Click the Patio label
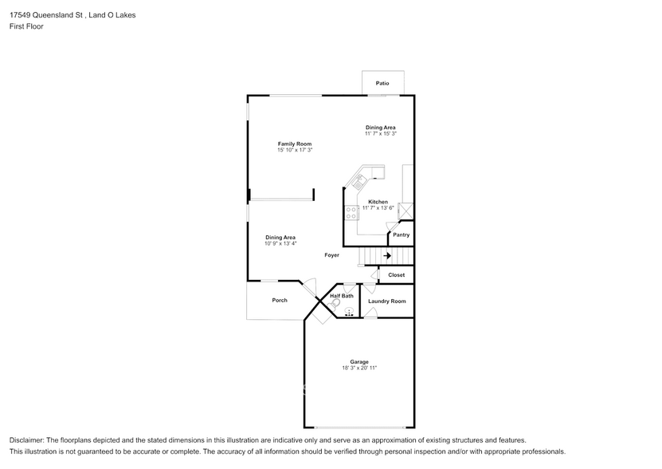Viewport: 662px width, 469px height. (x=382, y=83)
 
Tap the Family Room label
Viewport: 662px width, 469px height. (x=295, y=144)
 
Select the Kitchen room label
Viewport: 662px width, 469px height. (x=378, y=202)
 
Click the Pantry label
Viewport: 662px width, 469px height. (x=401, y=235)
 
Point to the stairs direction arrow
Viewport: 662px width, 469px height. (x=386, y=256)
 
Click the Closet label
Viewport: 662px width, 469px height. (x=397, y=275)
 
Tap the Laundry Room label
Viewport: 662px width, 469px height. (x=386, y=301)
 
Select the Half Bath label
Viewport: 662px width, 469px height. (x=342, y=296)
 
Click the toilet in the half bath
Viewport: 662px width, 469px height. (x=333, y=305)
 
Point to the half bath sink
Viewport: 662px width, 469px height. (x=349, y=312)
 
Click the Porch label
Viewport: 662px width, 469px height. (x=280, y=300)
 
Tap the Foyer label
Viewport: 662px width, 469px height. (x=332, y=255)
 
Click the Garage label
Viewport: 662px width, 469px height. (x=359, y=361)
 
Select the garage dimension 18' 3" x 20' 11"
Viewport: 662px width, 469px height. (x=359, y=368)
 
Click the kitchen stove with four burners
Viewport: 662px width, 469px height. (x=351, y=213)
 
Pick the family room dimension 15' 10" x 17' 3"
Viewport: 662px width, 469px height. (x=295, y=150)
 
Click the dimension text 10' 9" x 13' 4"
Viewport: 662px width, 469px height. (x=280, y=243)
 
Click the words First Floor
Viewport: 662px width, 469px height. (x=26, y=26)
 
